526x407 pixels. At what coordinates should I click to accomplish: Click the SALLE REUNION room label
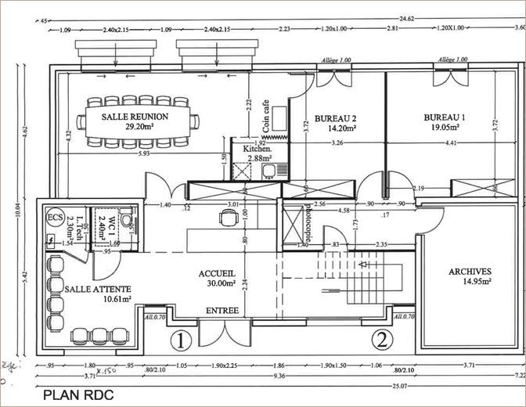pyautogui.click(x=137, y=116)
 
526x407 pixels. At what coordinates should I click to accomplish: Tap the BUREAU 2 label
pyautogui.click(x=336, y=118)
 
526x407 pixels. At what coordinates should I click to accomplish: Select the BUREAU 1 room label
pyautogui.click(x=445, y=117)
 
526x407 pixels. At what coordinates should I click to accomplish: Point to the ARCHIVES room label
pyautogui.click(x=470, y=272)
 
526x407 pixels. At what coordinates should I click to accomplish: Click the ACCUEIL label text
pyautogui.click(x=217, y=274)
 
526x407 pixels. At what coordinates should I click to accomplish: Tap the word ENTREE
pyautogui.click(x=222, y=312)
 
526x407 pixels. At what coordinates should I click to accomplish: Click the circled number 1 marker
pyautogui.click(x=181, y=340)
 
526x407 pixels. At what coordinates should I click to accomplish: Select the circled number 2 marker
pyautogui.click(x=381, y=340)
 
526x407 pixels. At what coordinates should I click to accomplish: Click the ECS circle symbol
pyautogui.click(x=55, y=217)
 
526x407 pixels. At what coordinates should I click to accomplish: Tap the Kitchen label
pyautogui.click(x=257, y=148)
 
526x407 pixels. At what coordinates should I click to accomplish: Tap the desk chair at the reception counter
pyautogui.click(x=227, y=220)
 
